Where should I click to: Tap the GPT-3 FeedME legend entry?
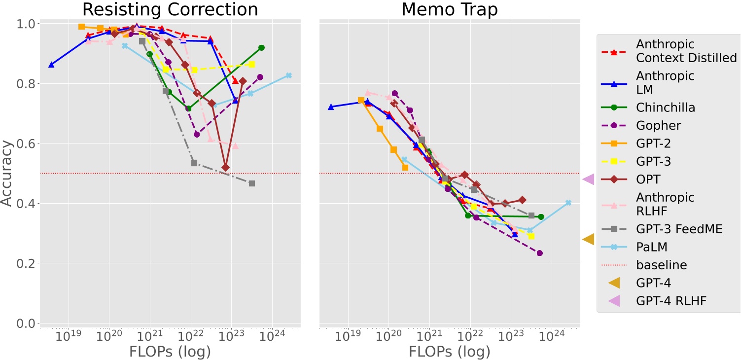[x=679, y=229]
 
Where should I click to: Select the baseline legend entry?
[x=662, y=265]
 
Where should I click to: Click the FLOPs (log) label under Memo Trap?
[x=450, y=351]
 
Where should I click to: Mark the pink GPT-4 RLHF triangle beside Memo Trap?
[x=588, y=180]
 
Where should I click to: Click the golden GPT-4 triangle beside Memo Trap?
[x=588, y=239]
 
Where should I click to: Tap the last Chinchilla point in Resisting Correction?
[x=261, y=48]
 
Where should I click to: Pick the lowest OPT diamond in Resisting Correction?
[x=226, y=168]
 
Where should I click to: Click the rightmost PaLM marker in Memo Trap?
[x=568, y=203]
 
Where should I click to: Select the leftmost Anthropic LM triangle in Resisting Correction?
[x=51, y=65]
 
